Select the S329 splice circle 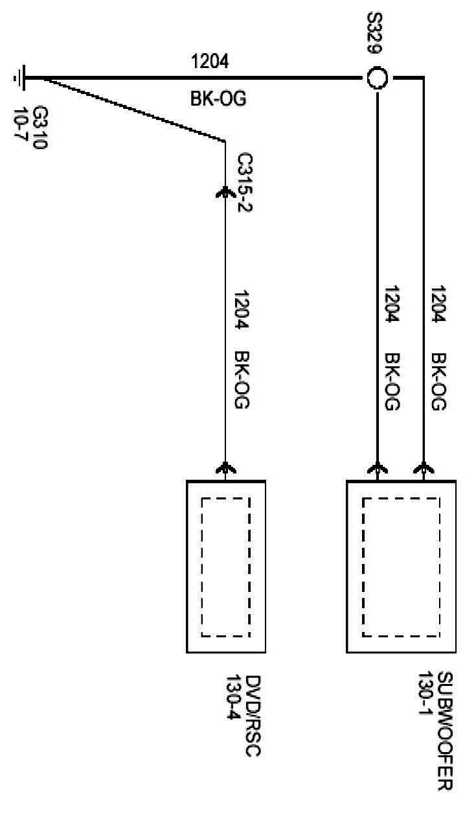tap(377, 79)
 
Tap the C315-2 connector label tap(245, 178)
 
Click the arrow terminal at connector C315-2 tap(225, 191)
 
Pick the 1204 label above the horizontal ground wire tap(209, 62)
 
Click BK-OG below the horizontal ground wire tap(218, 100)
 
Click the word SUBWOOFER tap(444, 732)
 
